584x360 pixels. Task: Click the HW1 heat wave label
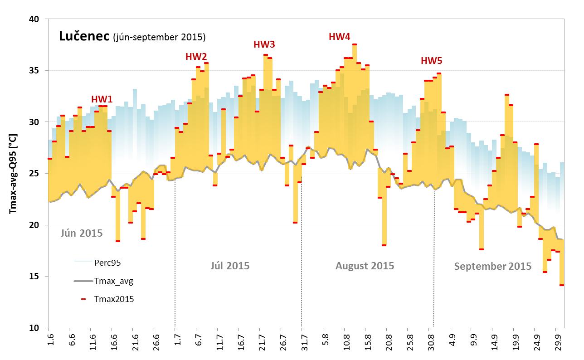coord(102,99)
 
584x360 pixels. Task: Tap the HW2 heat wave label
coord(196,57)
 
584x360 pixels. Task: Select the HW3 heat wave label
coord(264,44)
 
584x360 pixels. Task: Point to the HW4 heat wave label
coord(339,37)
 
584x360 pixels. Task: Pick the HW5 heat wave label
coord(431,61)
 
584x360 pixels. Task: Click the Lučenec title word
coord(84,36)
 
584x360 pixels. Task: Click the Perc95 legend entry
coord(107,262)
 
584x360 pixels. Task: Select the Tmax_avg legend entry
coord(113,281)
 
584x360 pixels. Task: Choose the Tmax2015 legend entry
coord(114,299)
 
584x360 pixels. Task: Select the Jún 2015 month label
coord(82,234)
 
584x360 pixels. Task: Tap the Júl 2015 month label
coord(230,266)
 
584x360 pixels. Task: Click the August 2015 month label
coord(365,266)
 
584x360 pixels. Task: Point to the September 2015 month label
coord(492,266)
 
